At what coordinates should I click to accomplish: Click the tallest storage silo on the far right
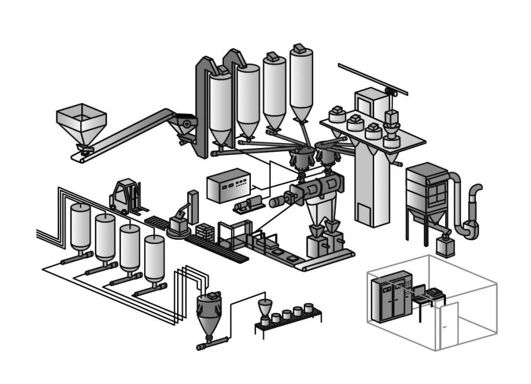(301, 81)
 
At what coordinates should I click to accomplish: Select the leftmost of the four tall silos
(220, 106)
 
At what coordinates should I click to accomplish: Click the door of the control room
(449, 325)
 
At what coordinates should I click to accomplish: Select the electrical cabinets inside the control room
(389, 296)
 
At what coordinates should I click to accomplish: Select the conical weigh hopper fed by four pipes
(208, 315)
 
